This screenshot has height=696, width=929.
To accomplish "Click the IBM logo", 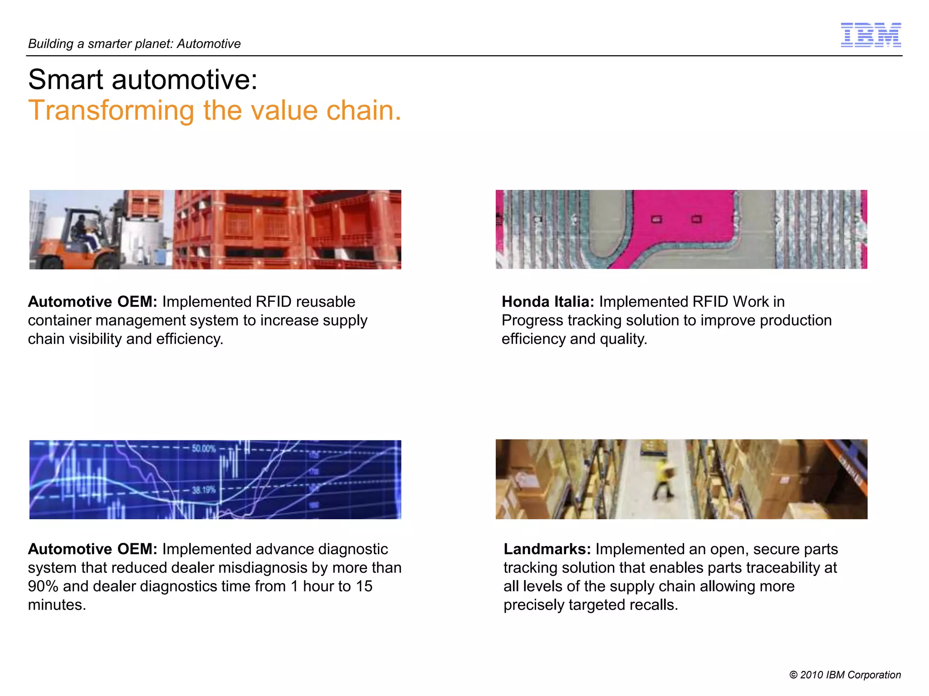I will pyautogui.click(x=870, y=35).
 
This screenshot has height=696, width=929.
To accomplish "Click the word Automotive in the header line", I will pyautogui.click(x=209, y=44).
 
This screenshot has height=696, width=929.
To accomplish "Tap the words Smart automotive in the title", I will pyautogui.click(x=142, y=80).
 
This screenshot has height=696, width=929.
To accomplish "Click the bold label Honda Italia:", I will pyautogui.click(x=548, y=302).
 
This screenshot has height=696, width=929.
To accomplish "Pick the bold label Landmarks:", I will pyautogui.click(x=547, y=549).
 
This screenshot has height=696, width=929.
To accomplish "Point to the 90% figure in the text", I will pyautogui.click(x=43, y=586).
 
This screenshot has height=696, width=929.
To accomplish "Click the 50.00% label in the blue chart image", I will pyautogui.click(x=204, y=449).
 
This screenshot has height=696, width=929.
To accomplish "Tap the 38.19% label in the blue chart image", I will pyautogui.click(x=203, y=490).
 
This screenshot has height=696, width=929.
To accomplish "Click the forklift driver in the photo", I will pyautogui.click(x=82, y=231).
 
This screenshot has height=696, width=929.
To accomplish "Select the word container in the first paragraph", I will pyautogui.click(x=59, y=320).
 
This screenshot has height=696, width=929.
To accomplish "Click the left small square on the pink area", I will pyautogui.click(x=656, y=219).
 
